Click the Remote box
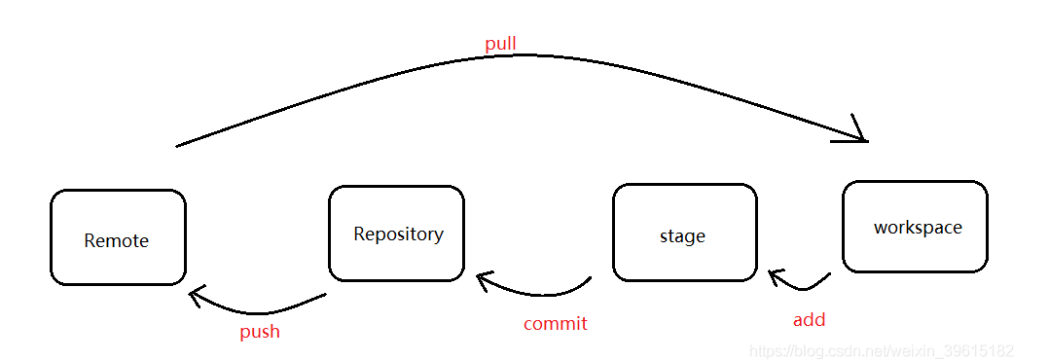[118, 237]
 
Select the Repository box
[397, 234]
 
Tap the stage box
[684, 232]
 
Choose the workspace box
[915, 227]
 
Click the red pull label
[500, 44]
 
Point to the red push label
[260, 332]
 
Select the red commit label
[555, 324]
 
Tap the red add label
[809, 319]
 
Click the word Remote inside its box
[117, 240]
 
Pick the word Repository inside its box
[398, 234]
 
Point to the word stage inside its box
[682, 236]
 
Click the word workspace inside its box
[917, 228]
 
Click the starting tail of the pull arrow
[178, 146]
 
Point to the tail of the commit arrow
[590, 279]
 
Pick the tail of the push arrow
[325, 296]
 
